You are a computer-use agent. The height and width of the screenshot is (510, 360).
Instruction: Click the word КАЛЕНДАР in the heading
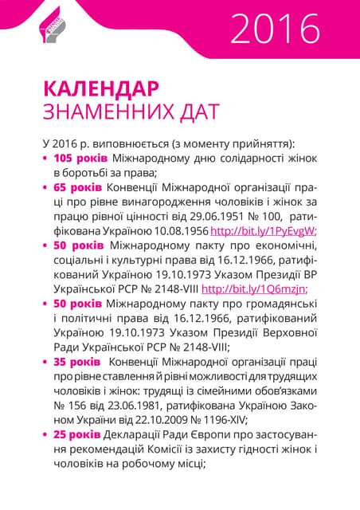[x=100, y=87]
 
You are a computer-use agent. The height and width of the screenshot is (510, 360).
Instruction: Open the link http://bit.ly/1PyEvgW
[x=263, y=231]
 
